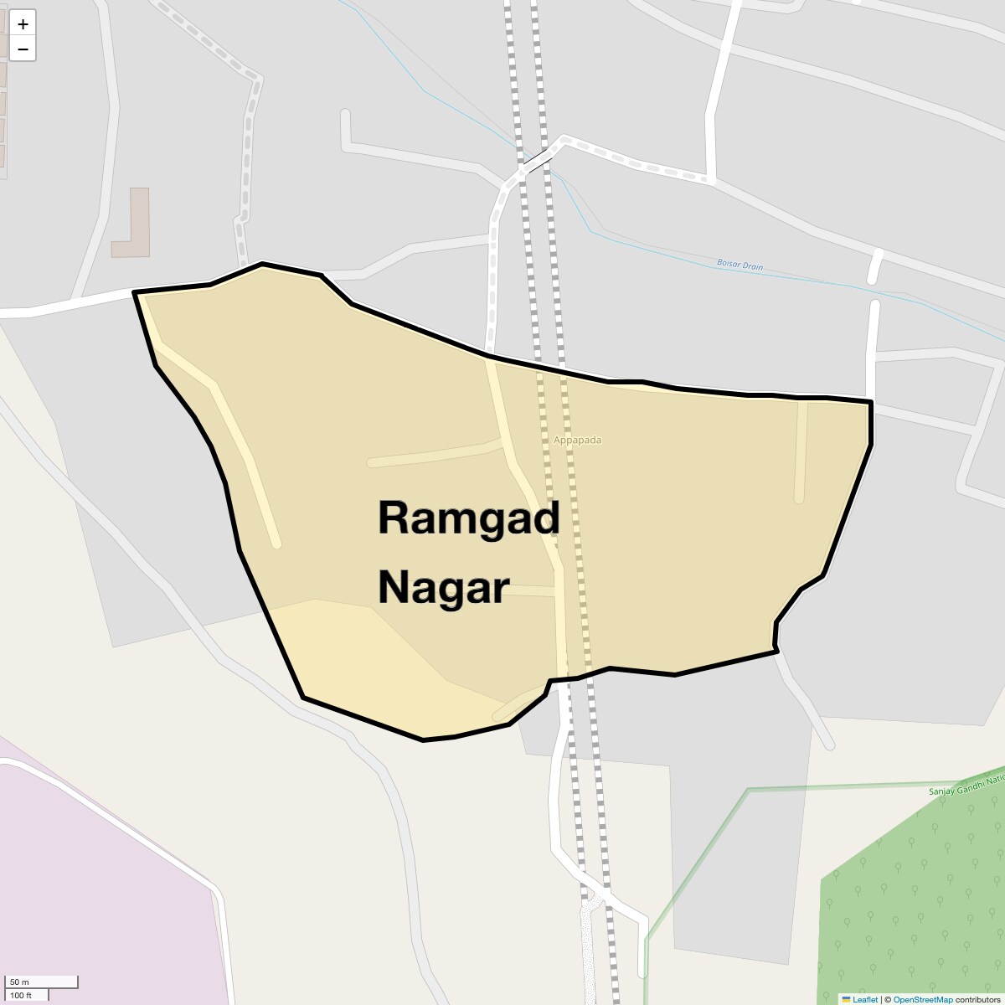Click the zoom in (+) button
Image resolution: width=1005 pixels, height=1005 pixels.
23,24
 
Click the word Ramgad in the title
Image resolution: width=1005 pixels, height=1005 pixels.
468,518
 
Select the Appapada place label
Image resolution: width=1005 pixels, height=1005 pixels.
577,441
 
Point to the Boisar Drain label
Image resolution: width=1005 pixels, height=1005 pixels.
740,265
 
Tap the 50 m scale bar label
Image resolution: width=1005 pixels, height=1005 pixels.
19,982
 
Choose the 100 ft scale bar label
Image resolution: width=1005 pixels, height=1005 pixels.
22,995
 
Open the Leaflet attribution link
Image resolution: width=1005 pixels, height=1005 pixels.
865,999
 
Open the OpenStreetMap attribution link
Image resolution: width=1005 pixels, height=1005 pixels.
922,999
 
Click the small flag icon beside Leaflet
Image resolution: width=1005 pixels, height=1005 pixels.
846,999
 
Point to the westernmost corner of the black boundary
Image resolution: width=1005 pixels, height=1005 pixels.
135,292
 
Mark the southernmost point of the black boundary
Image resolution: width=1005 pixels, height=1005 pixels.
423,740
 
